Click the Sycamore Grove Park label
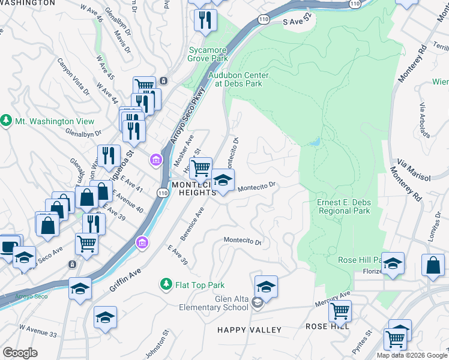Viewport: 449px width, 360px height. coord(208,55)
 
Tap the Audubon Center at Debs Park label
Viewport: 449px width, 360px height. coord(238,79)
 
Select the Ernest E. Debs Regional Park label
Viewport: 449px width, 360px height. coord(343,206)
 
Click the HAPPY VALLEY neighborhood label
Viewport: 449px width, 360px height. coord(249,330)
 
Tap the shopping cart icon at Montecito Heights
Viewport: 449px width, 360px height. coord(201,167)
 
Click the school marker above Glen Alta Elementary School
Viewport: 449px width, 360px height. coord(266,286)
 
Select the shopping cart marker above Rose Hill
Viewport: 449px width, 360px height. coord(340,311)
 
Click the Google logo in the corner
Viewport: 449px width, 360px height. coord(20,353)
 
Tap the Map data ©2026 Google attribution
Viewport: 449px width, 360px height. coord(412,355)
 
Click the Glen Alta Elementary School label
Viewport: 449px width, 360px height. coord(214,304)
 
